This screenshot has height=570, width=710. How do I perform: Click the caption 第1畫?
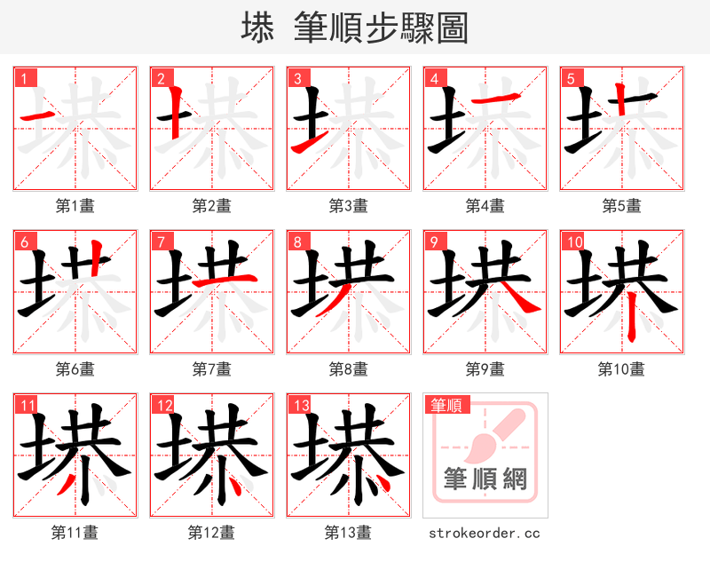coord(75,206)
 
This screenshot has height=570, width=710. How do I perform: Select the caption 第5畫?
coord(621,206)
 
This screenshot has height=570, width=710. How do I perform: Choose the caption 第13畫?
coord(348,533)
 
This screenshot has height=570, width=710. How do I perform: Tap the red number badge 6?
coord(23,241)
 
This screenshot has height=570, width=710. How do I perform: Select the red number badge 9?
coord(433,241)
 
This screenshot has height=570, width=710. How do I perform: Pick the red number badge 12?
coord(162,406)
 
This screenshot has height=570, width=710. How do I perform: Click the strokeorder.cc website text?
coord(485,534)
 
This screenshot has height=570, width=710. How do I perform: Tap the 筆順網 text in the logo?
coord(485,479)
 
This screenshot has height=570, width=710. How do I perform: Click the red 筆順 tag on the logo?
coord(445,406)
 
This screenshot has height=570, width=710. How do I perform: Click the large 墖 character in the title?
coord(257,28)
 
